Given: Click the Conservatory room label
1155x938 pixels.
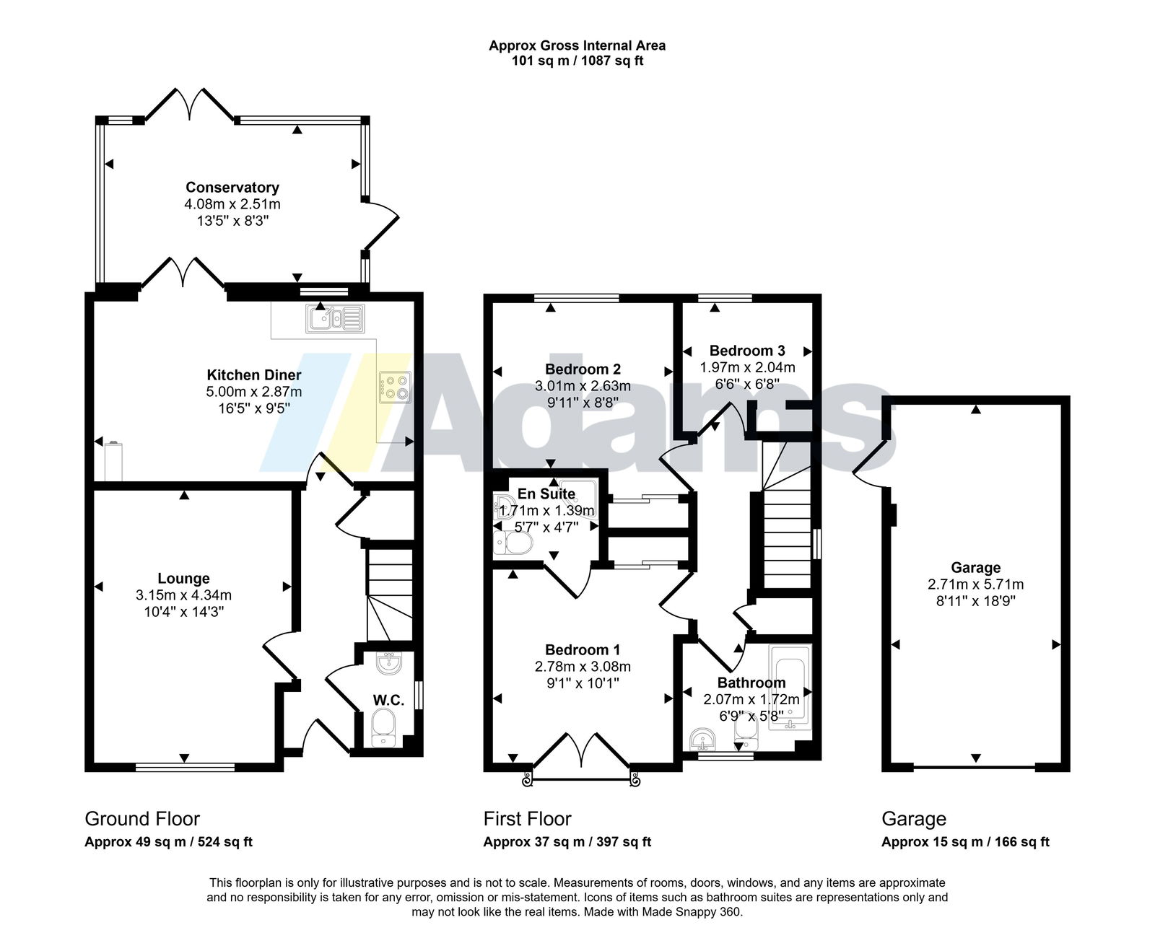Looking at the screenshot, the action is click(232, 188).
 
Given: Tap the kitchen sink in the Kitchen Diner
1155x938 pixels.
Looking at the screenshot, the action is click(334, 318).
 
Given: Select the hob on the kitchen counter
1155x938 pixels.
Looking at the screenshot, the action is click(395, 387).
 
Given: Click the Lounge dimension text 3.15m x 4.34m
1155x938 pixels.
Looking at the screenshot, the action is click(184, 595).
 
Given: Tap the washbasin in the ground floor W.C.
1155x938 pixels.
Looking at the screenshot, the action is click(389, 662).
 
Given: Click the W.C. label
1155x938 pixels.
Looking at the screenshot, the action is click(388, 700).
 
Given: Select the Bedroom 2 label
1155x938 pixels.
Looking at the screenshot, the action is click(583, 369).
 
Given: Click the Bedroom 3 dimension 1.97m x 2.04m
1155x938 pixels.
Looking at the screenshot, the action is click(747, 367).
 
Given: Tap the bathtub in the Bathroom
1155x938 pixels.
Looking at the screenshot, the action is click(790, 687).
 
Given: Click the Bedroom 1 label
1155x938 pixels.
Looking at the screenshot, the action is click(583, 649).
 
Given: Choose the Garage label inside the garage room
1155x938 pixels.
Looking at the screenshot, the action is click(975, 567).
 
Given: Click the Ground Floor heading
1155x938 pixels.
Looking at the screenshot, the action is click(142, 818).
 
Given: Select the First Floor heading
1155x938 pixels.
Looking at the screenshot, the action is click(527, 818).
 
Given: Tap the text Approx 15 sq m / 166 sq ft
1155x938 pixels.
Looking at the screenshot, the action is click(965, 841).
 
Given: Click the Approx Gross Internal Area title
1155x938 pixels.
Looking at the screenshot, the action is click(577, 45).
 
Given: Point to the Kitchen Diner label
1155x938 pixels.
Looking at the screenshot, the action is click(254, 375).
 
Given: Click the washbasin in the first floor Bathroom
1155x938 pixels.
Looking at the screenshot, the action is click(703, 739).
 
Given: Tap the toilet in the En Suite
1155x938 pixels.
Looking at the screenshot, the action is click(513, 543).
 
